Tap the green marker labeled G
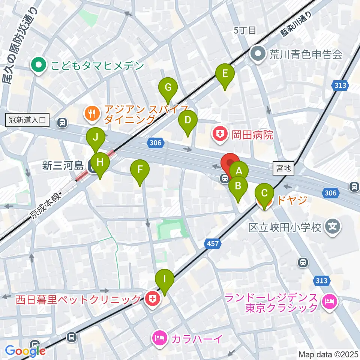click(168, 88)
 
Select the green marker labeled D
click(187, 120)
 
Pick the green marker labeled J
click(96, 137)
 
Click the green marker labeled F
click(139, 170)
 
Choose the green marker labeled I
click(164, 279)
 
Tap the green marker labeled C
click(264, 194)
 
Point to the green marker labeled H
click(99, 163)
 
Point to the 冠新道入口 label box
click(28, 120)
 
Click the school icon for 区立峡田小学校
click(332, 227)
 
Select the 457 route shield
click(212, 244)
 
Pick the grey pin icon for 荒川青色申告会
click(258, 55)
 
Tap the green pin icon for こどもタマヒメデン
click(39, 66)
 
